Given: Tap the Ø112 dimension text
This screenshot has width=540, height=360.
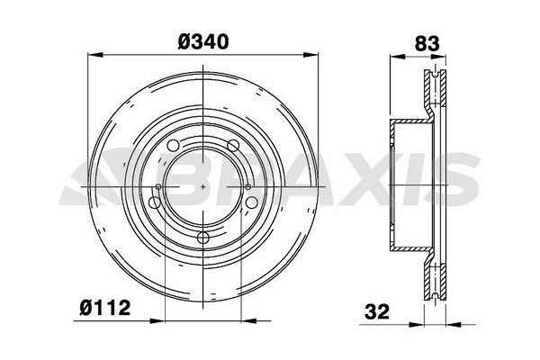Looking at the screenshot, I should tap(104, 309).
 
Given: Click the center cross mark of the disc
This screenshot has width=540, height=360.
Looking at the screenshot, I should tap(206, 186).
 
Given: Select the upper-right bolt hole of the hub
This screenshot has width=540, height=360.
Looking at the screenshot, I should tap(233, 145).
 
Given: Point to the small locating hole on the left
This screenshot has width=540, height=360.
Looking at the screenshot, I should tap(159, 187).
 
